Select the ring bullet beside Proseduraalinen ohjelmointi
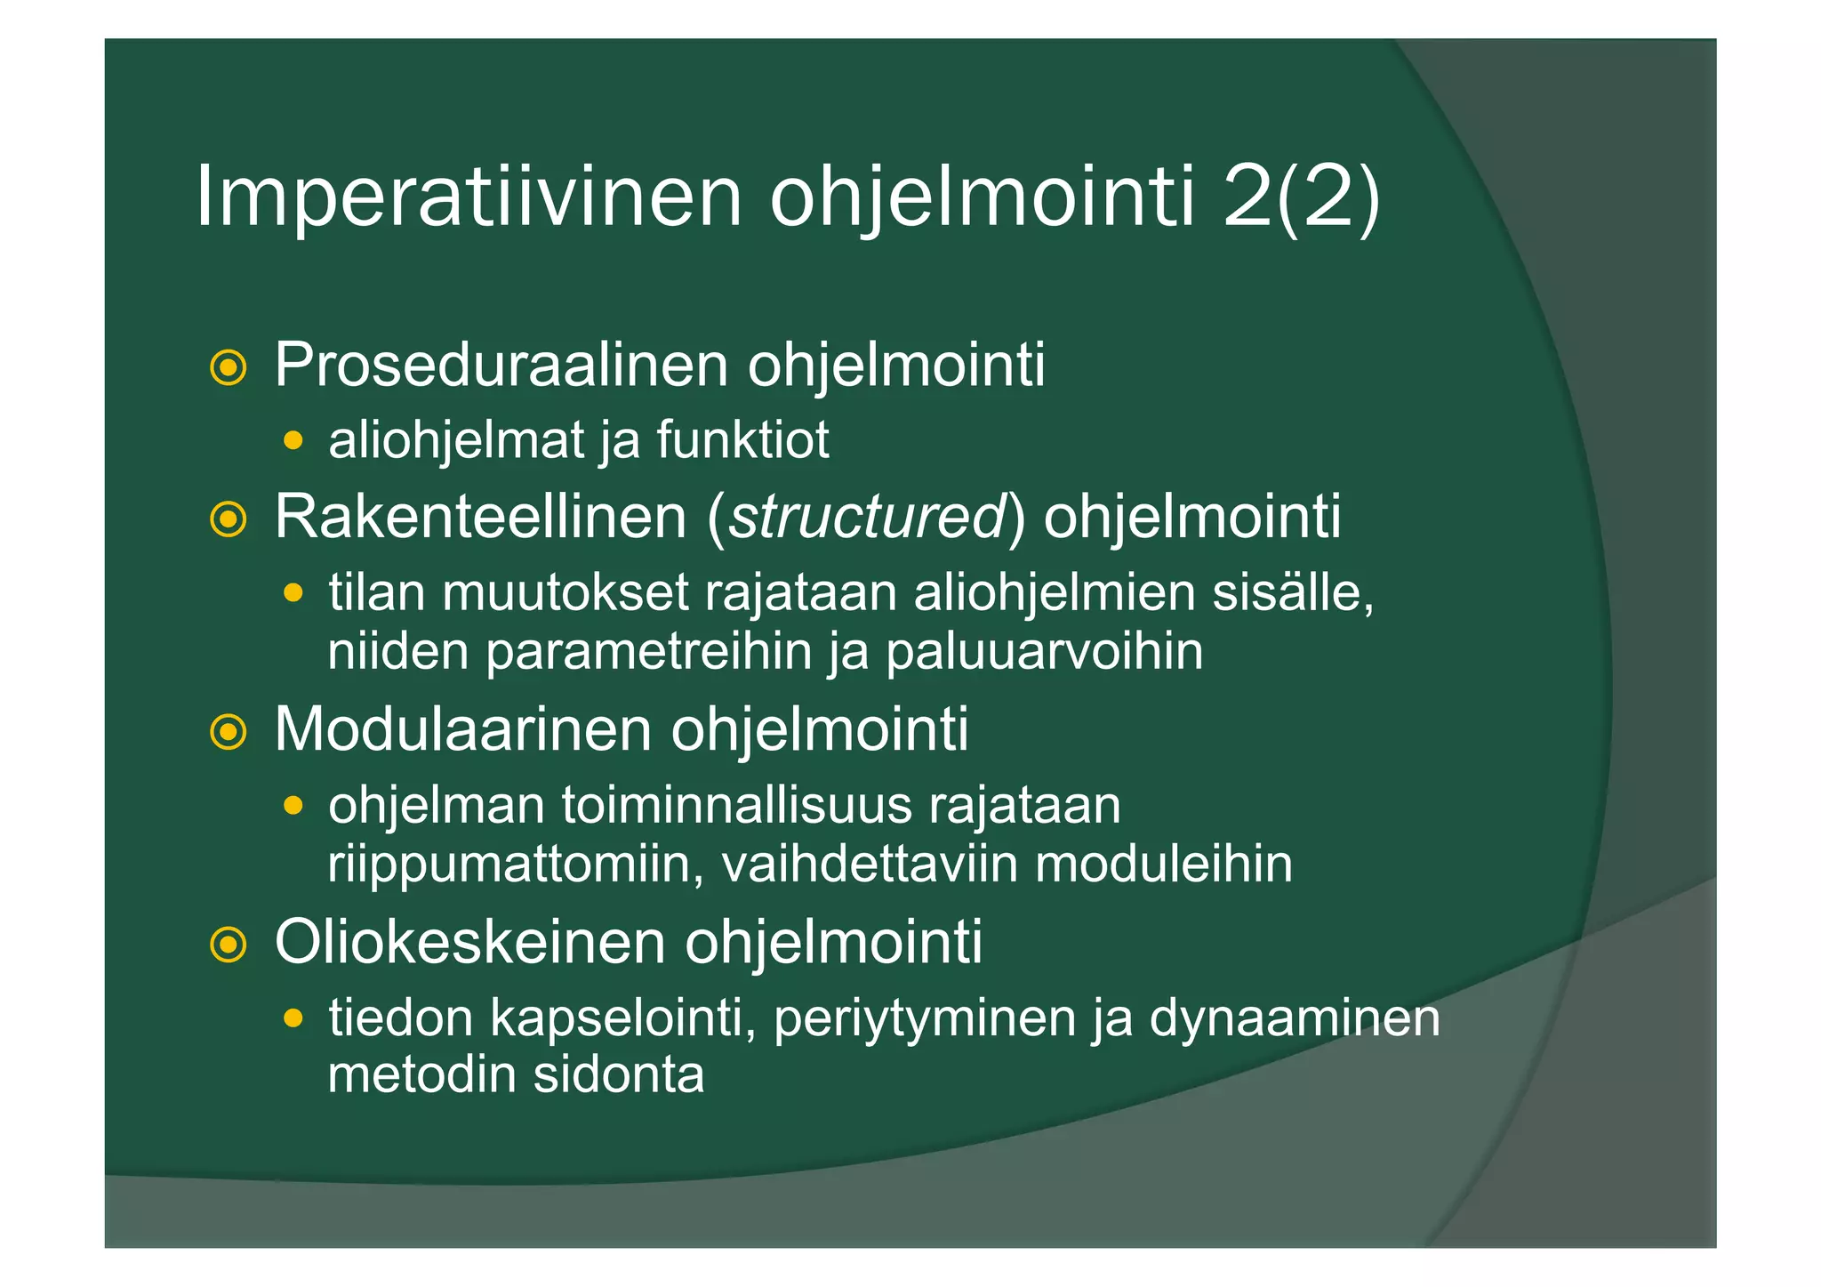click(x=229, y=367)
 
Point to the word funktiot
click(x=742, y=440)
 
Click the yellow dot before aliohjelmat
click(x=293, y=440)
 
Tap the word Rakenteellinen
click(x=480, y=517)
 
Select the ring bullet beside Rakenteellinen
click(x=229, y=519)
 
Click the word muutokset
click(x=566, y=592)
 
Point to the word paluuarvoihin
click(x=1044, y=652)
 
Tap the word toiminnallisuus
click(x=737, y=806)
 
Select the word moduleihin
click(x=1164, y=864)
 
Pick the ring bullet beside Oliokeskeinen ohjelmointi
click(x=229, y=945)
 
